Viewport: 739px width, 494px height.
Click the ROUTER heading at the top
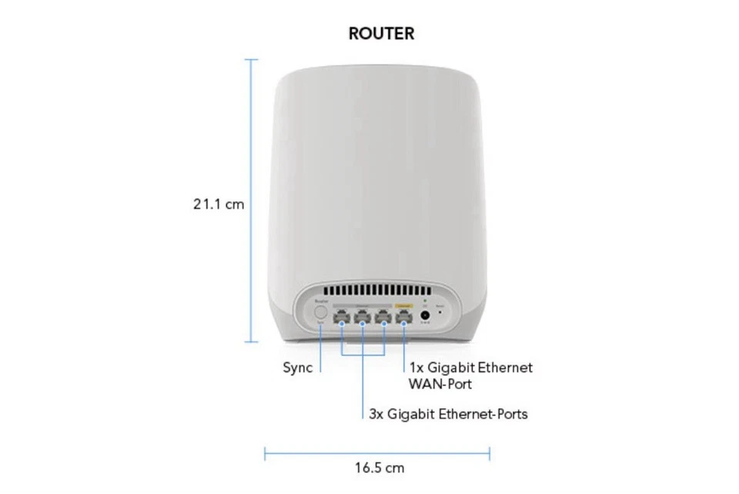381,34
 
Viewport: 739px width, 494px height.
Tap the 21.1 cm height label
219,204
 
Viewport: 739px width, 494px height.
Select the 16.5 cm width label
379,468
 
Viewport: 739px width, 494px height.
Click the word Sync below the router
297,368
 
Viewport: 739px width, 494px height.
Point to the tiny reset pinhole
440,313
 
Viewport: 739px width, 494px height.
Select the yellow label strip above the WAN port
403,304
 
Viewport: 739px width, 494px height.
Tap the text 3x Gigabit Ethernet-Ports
448,415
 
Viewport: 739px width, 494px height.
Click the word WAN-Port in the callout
440,383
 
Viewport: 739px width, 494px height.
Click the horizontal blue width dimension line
377,453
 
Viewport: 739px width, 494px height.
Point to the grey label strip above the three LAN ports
362,304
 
